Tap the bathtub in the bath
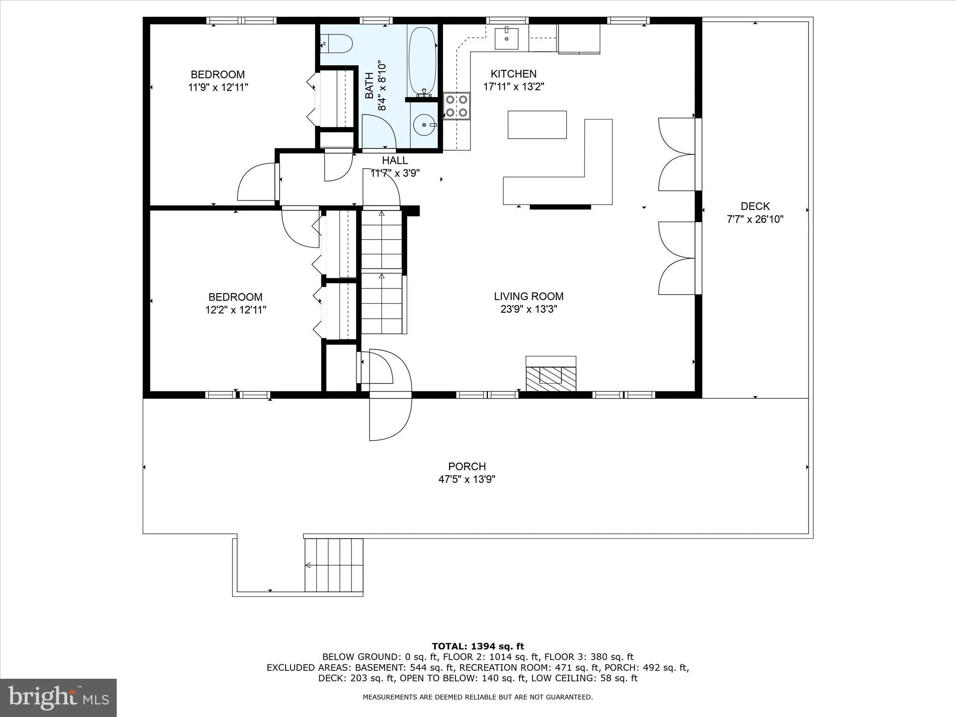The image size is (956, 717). [x=422, y=61]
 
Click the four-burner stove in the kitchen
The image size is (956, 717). [x=456, y=106]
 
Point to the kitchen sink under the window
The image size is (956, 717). [x=506, y=38]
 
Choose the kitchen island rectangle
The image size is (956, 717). [x=537, y=125]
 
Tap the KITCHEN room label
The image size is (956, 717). [x=513, y=74]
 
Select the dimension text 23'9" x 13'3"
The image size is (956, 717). [x=529, y=309]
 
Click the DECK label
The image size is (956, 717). [x=755, y=206]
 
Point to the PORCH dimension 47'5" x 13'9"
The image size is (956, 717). [x=467, y=479]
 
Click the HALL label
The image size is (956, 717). [x=395, y=161]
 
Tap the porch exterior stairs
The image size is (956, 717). [x=334, y=565]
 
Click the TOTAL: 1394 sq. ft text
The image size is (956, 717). [x=478, y=647]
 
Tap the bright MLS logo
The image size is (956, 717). [x=58, y=697]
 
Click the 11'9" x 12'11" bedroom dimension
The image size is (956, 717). [x=218, y=87]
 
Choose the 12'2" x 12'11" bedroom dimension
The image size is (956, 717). [x=236, y=309]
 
